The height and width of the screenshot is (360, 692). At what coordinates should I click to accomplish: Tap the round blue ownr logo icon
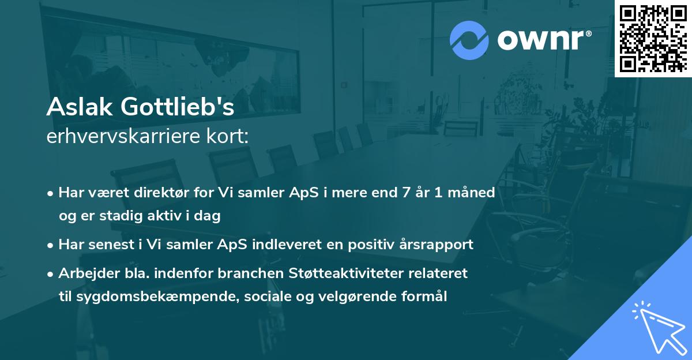click(469, 40)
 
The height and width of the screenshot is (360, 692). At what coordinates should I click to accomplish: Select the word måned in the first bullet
click(474, 192)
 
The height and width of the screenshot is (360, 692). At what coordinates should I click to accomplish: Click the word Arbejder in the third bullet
click(84, 273)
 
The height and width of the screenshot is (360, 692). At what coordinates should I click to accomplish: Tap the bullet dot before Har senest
click(51, 245)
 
